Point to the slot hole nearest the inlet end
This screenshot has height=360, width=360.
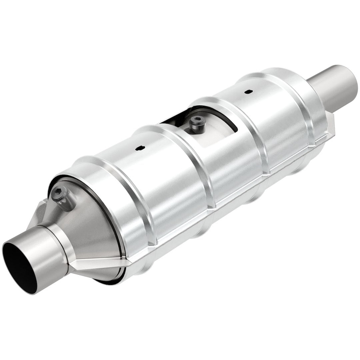140,148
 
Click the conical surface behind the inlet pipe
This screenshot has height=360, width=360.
90,230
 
